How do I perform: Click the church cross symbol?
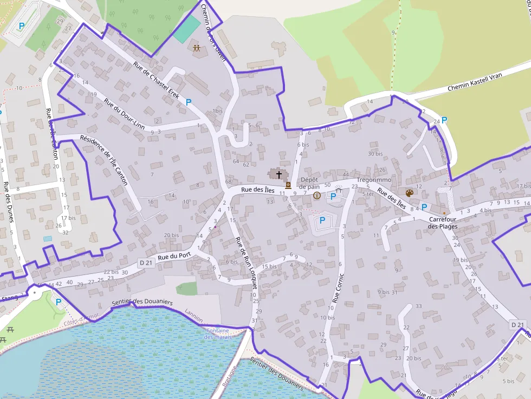[279, 174]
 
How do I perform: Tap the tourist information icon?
[317, 195]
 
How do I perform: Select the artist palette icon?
[410, 193]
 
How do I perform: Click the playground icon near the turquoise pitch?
[197, 48]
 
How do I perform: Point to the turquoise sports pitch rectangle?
[186, 29]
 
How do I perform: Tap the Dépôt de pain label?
[310, 183]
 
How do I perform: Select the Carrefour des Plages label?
[443, 223]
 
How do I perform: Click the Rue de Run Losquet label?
[245, 263]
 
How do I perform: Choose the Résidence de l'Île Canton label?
[103, 160]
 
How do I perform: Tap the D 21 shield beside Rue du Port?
[146, 263]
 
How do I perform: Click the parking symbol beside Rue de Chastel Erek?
[189, 102]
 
